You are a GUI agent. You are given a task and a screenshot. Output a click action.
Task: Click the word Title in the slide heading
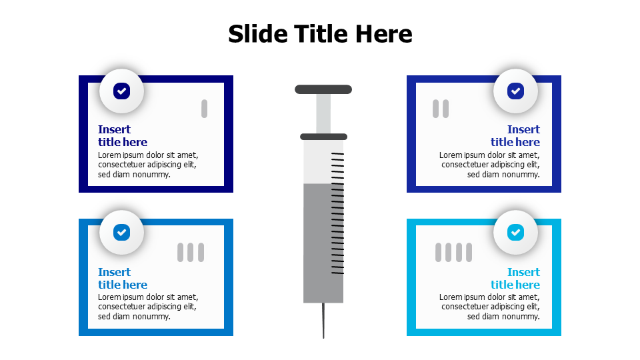[x=321, y=33]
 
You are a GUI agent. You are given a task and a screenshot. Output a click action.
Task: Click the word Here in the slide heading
[x=384, y=33]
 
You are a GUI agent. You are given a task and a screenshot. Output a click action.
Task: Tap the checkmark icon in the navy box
[x=121, y=91]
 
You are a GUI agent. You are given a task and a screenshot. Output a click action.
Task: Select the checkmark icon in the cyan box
[x=515, y=232]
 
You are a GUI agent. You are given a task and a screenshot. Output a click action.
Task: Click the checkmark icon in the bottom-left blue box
[x=121, y=232]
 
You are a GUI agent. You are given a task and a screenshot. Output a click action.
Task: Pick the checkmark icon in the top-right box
[x=515, y=91]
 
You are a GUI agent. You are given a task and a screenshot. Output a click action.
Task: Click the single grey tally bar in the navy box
[x=204, y=109]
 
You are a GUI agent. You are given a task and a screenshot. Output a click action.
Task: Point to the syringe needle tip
[x=324, y=338]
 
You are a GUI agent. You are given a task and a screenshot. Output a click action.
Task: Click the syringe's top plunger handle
[x=323, y=89]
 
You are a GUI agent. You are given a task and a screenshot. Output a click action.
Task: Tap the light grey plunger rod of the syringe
[x=323, y=114]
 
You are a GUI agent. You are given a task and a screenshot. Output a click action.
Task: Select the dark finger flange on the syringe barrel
[x=324, y=137]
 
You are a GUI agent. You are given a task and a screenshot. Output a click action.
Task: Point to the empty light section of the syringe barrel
[x=317, y=161]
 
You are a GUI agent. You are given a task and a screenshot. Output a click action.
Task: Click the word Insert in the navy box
[x=114, y=129]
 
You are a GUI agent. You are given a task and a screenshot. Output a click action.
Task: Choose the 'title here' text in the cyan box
[x=515, y=285]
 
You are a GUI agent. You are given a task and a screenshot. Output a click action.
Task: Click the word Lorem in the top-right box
[x=451, y=155]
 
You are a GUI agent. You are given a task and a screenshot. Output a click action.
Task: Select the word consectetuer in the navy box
[x=121, y=165]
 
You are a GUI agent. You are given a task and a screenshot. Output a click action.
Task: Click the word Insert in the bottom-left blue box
[x=114, y=272]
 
